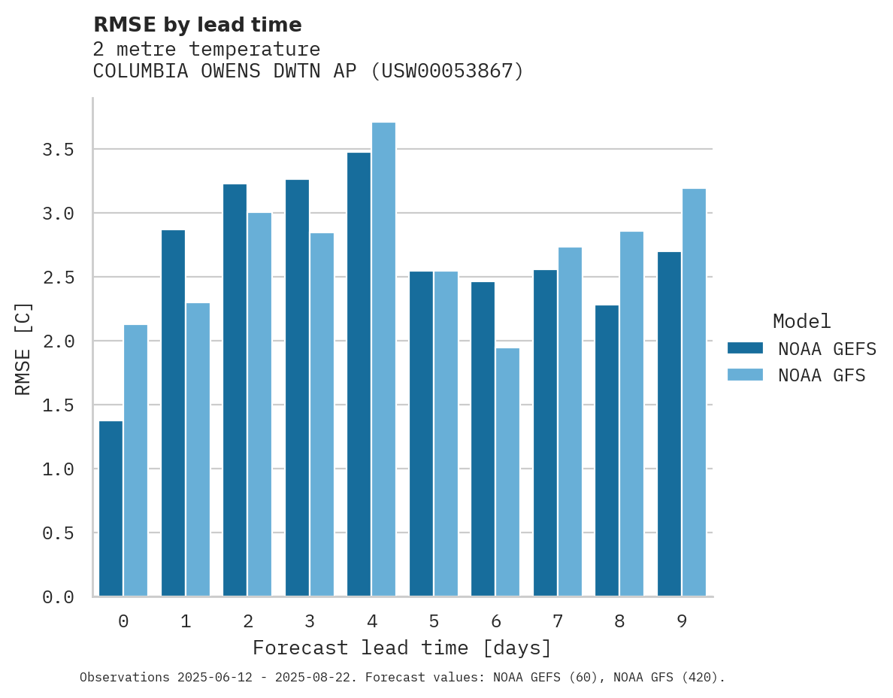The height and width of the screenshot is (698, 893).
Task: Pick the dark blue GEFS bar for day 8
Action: (607, 451)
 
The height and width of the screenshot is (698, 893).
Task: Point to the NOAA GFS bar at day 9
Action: (694, 392)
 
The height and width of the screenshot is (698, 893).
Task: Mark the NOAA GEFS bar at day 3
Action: (297, 387)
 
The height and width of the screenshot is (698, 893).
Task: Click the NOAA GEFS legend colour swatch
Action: (745, 348)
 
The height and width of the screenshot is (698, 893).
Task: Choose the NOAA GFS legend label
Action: (822, 375)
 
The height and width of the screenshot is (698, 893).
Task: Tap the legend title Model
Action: (801, 321)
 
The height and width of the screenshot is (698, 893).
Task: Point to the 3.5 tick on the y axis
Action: (58, 150)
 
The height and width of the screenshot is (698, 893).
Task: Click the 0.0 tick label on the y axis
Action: (58, 597)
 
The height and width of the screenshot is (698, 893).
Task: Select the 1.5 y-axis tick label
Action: (58, 405)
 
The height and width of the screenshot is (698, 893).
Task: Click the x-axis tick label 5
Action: (434, 621)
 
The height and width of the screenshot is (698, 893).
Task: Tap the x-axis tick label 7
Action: (558, 621)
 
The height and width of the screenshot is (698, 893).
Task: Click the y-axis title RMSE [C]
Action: (23, 348)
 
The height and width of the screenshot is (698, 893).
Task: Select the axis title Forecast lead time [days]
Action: (402, 648)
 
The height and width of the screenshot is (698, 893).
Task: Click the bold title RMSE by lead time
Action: (197, 25)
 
